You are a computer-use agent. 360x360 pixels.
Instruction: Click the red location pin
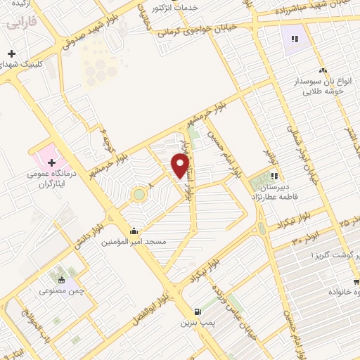tap(180, 165)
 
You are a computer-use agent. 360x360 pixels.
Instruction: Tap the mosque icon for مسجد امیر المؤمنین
tap(134, 231)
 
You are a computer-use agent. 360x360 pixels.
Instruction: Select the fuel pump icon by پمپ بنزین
tap(198, 311)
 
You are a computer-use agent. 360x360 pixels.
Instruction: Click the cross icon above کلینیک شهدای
tap(11, 54)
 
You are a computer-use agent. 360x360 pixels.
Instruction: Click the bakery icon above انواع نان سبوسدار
tap(323, 70)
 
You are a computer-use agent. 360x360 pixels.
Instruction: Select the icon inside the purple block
tap(294, 39)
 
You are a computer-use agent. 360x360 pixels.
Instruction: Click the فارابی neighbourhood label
tap(19, 23)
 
